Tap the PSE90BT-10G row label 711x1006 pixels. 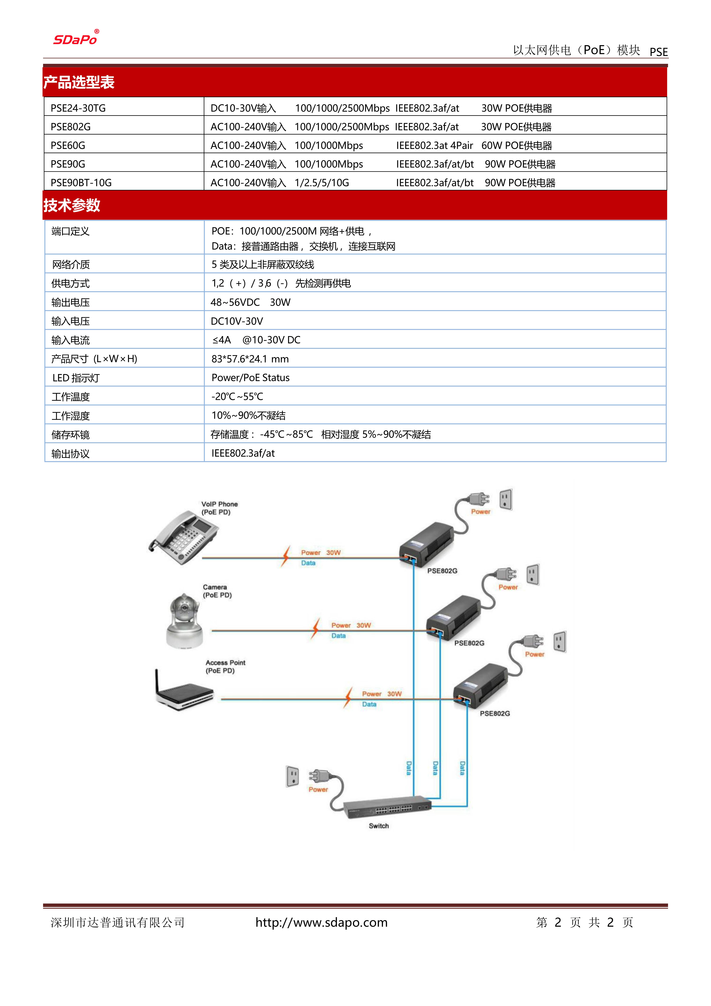[x=81, y=183]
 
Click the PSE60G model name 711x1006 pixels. [x=68, y=145]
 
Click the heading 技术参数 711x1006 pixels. [x=72, y=205]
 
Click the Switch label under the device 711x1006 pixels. [x=378, y=826]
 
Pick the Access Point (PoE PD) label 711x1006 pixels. [x=225, y=666]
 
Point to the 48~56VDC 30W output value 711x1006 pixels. [x=250, y=302]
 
